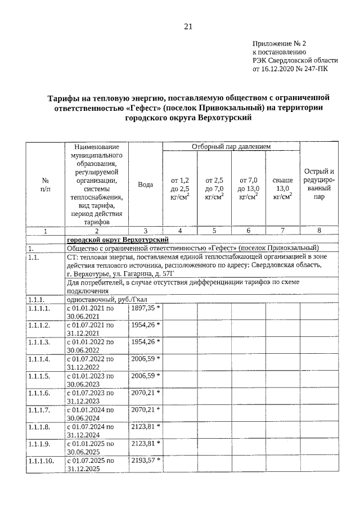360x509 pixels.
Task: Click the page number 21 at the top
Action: point(188,26)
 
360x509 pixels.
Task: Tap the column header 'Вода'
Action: point(146,184)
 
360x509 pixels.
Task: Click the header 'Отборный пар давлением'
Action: point(231,147)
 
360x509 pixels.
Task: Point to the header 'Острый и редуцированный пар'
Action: point(319,184)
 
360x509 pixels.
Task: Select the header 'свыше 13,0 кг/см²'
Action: point(282,188)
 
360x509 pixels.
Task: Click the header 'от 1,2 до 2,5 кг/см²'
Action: point(180,188)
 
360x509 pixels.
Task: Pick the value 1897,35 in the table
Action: point(143,308)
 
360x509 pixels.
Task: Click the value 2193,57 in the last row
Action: point(143,461)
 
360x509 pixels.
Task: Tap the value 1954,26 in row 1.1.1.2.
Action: point(143,325)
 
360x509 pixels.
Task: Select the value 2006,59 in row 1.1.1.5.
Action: point(143,376)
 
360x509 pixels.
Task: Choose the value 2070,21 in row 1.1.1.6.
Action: point(143,393)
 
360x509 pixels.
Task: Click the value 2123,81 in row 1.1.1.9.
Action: point(143,443)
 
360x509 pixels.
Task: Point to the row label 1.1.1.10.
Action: point(42,461)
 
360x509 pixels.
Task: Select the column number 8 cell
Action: point(319,231)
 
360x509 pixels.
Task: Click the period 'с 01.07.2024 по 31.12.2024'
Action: point(91,430)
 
